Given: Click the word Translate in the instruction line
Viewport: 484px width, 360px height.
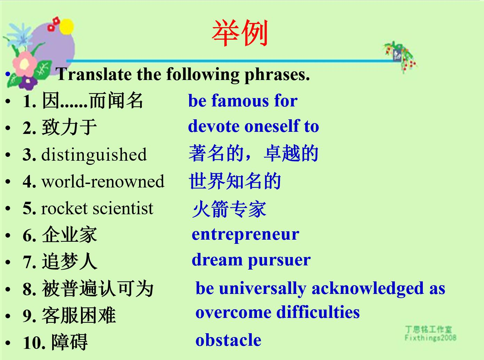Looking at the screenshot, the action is (x=94, y=74).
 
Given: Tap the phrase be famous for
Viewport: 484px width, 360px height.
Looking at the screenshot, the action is (x=243, y=101).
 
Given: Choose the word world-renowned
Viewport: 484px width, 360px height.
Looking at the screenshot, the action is (x=103, y=181).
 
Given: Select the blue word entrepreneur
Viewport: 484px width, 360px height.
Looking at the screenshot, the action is (x=245, y=234).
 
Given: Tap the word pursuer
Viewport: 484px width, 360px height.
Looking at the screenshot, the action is (x=279, y=261).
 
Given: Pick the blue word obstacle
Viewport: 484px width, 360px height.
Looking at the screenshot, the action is (x=228, y=340).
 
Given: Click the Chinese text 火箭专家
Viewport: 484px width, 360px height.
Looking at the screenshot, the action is (x=229, y=209).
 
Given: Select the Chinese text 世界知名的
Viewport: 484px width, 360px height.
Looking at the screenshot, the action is (x=235, y=181).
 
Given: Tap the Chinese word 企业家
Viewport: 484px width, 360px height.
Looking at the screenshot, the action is (x=70, y=235).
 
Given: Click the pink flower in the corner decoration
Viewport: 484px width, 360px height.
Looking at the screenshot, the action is (x=25, y=64).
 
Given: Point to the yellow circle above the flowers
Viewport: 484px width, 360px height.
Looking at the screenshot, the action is (x=66, y=26).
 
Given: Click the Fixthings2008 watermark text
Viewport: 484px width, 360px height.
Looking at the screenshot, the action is (x=430, y=338).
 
